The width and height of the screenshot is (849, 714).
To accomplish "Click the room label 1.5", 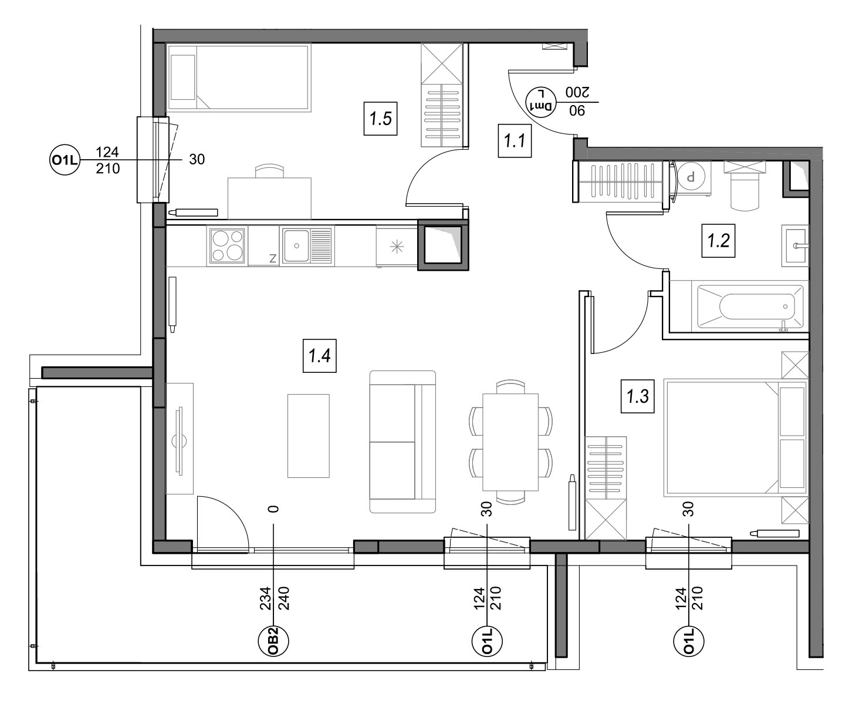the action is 380,119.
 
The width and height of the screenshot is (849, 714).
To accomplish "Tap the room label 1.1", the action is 515,141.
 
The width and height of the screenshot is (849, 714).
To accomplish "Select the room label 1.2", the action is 718,240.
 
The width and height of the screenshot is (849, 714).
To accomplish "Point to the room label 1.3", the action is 637,396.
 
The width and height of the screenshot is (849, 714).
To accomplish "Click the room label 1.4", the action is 319,356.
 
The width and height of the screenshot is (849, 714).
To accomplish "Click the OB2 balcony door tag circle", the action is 273,641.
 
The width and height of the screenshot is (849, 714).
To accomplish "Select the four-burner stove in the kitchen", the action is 227,245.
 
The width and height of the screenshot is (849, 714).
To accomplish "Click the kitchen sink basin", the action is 296,245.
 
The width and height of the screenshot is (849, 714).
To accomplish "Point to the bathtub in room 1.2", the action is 750,307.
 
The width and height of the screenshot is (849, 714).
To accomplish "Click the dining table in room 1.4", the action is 510,442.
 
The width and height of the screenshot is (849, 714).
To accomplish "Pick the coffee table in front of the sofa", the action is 308,436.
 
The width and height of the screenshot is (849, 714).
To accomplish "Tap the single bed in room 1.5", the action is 239,78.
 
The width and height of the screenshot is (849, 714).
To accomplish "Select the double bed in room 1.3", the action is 735,439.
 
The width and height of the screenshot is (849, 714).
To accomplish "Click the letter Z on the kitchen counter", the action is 273,258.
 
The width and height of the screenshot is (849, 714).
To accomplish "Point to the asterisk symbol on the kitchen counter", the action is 397,247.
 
